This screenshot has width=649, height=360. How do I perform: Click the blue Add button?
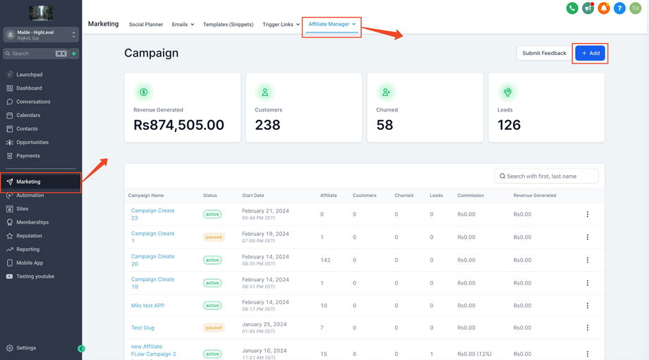coord(590,53)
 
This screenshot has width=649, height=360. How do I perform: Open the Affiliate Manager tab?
coord(332,24)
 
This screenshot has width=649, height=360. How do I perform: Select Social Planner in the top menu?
coord(146,24)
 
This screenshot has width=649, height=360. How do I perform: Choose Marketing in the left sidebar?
coord(28,181)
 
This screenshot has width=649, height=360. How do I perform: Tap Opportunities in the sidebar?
coord(32,142)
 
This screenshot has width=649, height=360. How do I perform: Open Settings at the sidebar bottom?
coord(26,348)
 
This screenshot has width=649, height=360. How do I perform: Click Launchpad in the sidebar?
coord(29,74)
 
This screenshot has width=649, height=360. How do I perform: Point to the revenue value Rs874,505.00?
coord(178,125)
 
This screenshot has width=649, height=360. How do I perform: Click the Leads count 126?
coord(509,125)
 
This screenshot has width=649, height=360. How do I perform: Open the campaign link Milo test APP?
coord(147,306)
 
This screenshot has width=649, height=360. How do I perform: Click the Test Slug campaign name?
coord(142,328)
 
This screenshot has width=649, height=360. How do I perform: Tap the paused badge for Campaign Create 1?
coord(213,237)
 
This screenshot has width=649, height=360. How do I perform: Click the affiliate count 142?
coord(325,260)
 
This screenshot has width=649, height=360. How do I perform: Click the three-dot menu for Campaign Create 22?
coord(587,215)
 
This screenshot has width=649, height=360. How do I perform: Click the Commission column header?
coord(471,196)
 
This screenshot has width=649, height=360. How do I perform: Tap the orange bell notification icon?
coord(604,8)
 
